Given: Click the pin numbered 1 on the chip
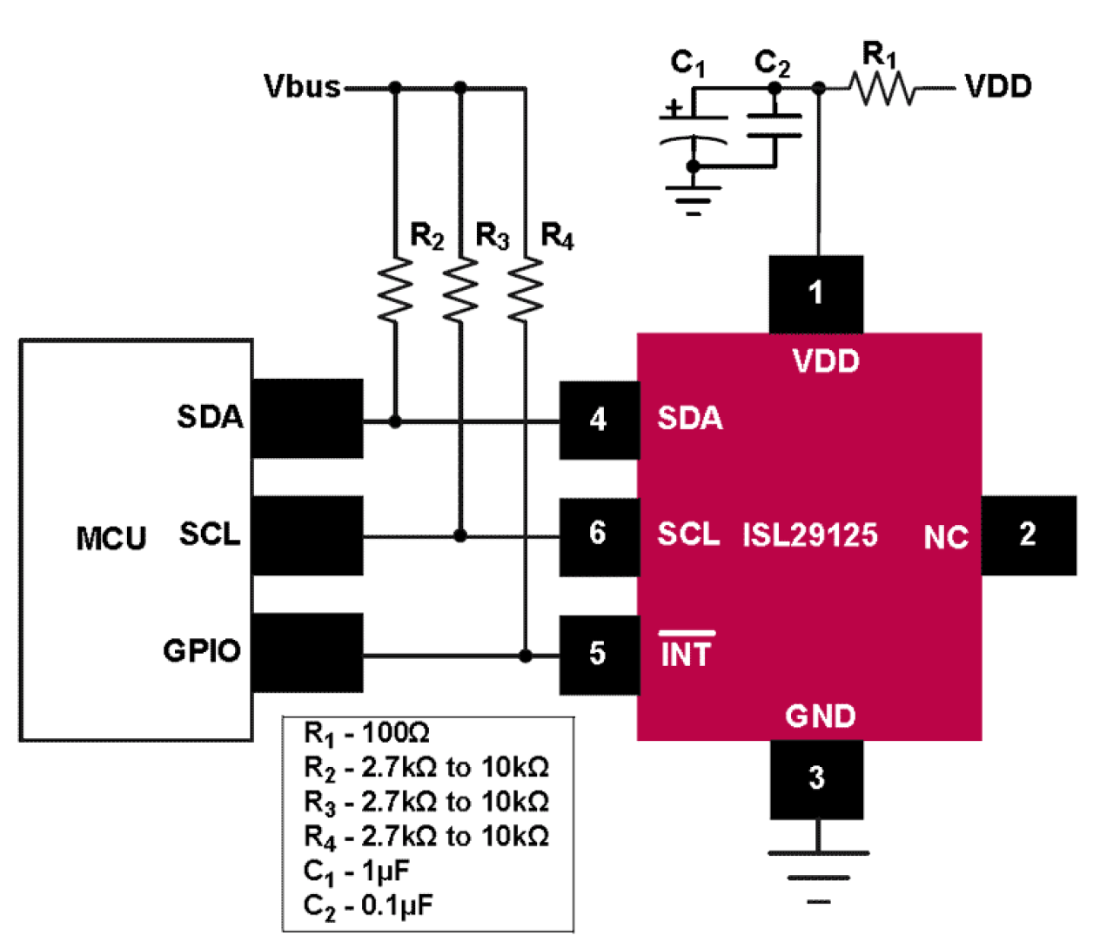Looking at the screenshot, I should pos(815,293).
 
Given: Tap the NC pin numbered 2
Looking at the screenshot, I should pos(1028,535).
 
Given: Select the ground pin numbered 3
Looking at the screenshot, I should pos(816,777).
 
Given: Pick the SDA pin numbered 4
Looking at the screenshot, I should pos(598,420).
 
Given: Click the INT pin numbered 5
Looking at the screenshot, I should pos(597,654).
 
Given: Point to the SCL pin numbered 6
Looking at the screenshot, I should pos(597,533).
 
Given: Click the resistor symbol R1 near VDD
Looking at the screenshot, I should pos(881,88).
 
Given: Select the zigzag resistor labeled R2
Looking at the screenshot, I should pos(395,289).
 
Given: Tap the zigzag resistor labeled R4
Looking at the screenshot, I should pos(525,289).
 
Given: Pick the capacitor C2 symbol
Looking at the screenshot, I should pos(774,125).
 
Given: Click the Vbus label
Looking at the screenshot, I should pos(302,87).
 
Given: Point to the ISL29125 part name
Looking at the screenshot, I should pos(809,535).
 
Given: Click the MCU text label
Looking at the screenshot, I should pos(111,538).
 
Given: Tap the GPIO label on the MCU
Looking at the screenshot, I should pos(202,650).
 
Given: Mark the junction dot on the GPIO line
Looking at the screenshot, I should pos(525,655).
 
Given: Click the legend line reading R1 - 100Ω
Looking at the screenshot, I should pos(366,733).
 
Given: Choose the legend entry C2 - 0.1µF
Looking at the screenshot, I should pos(367,905).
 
